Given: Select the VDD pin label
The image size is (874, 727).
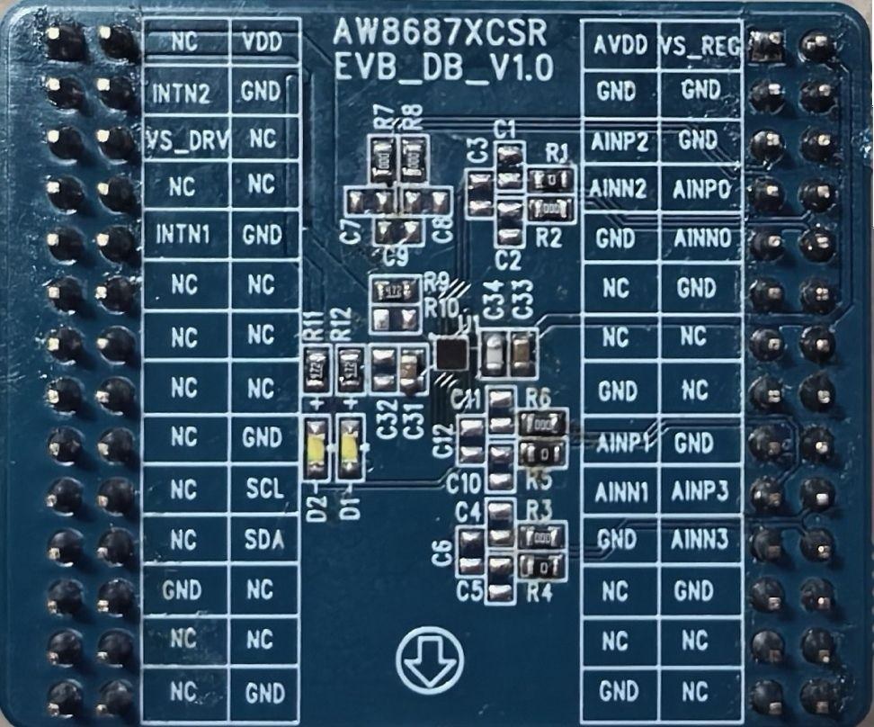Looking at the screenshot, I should [x=263, y=42].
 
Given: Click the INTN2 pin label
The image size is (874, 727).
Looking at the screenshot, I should [x=182, y=92].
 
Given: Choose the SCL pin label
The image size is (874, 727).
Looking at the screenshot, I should [x=263, y=489].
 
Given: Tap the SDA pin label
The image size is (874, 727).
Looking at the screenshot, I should [x=263, y=539].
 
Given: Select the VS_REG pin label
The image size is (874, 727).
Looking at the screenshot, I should [x=700, y=43].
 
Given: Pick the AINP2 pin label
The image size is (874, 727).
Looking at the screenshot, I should [x=620, y=141].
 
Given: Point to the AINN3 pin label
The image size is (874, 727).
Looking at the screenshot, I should [x=700, y=539].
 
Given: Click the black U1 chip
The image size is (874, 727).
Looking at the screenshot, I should [x=450, y=353].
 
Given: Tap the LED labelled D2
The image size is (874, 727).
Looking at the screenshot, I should [x=317, y=449].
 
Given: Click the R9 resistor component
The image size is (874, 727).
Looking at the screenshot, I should [x=397, y=290].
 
